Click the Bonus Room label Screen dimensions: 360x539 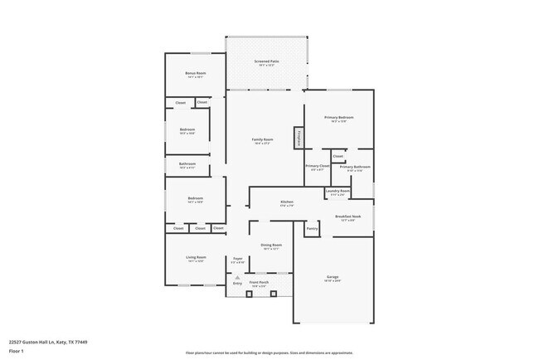[195, 74]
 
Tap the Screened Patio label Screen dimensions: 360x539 [266, 62]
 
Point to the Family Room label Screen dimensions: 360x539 [262, 139]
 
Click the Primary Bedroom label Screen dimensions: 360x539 [338, 118]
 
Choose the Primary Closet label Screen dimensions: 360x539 [318, 167]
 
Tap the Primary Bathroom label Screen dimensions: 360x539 [354, 167]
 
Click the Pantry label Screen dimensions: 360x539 [312, 228]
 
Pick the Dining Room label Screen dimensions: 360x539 [272, 245]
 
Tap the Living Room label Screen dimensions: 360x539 [195, 258]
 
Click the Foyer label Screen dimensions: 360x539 [237, 259]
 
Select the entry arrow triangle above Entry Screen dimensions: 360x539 [237, 277]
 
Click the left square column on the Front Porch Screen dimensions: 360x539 [250, 294]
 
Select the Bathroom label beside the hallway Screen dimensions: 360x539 [187, 164]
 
